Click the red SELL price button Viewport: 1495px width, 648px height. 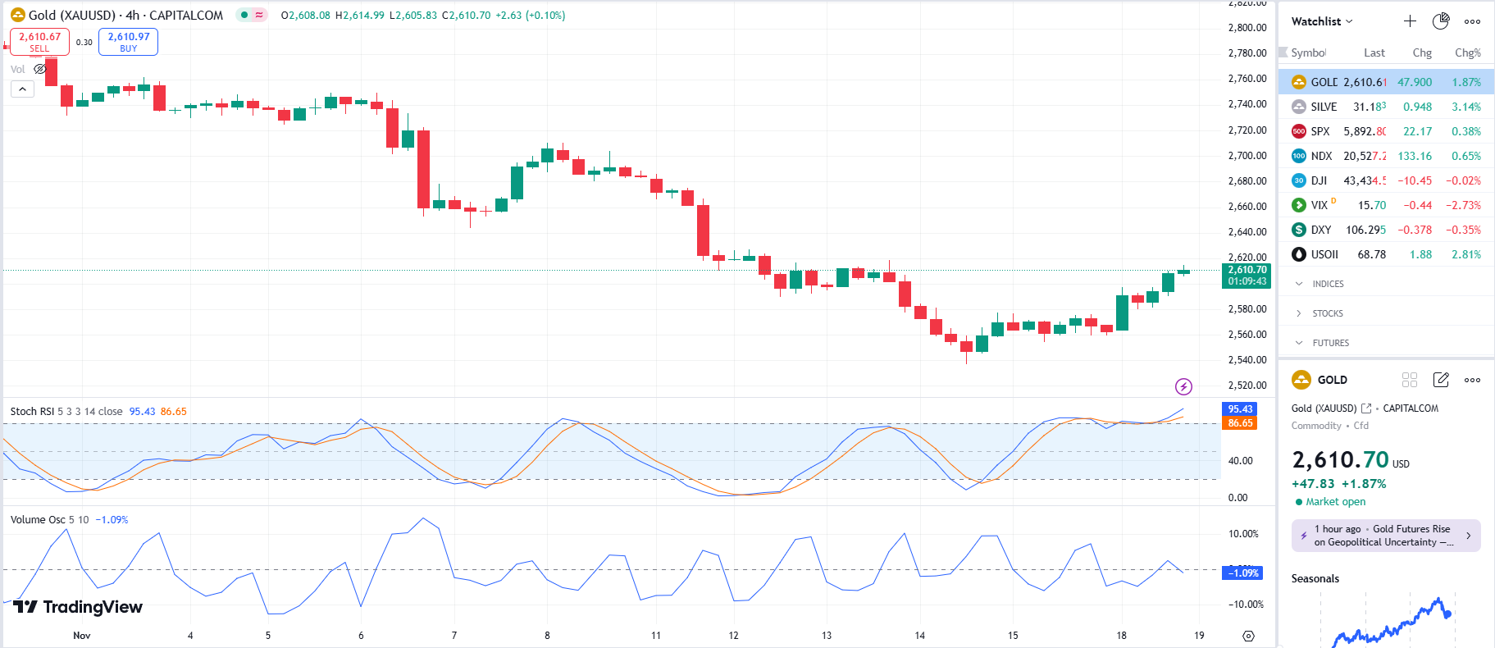click(39, 42)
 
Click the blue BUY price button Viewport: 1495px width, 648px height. click(128, 42)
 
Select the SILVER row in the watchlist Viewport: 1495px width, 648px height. click(1324, 107)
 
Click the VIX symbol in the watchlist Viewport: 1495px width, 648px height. click(1319, 205)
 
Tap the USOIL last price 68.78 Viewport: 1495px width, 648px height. click(1371, 254)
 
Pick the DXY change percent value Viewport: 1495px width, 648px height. click(1463, 230)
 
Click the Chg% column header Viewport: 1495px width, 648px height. click(1467, 52)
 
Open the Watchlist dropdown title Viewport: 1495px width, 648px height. click(1321, 21)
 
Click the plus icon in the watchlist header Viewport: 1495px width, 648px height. click(1410, 21)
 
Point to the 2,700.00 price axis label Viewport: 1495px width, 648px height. click(1247, 155)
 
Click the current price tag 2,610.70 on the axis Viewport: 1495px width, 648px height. click(1247, 275)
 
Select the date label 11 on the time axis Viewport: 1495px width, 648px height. click(656, 635)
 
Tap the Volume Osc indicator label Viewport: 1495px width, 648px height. click(38, 519)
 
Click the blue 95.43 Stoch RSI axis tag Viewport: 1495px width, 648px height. click(1240, 408)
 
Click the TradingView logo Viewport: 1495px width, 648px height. click(78, 607)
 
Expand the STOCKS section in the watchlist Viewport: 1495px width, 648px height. click(1327, 313)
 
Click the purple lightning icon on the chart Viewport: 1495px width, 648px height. click(1183, 386)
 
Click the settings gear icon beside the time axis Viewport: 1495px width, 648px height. click(1248, 636)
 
